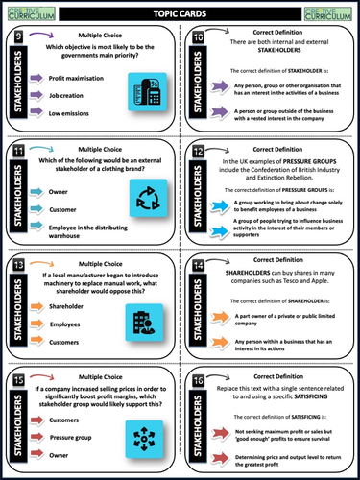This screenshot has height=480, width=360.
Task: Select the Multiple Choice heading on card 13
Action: click(102, 258)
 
